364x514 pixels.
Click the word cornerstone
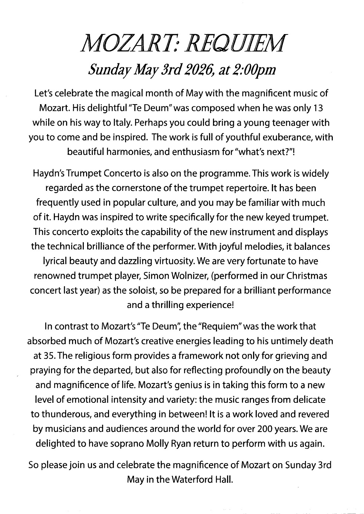pyautogui.click(x=134, y=188)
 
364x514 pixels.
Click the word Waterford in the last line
pyautogui.click(x=189, y=480)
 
